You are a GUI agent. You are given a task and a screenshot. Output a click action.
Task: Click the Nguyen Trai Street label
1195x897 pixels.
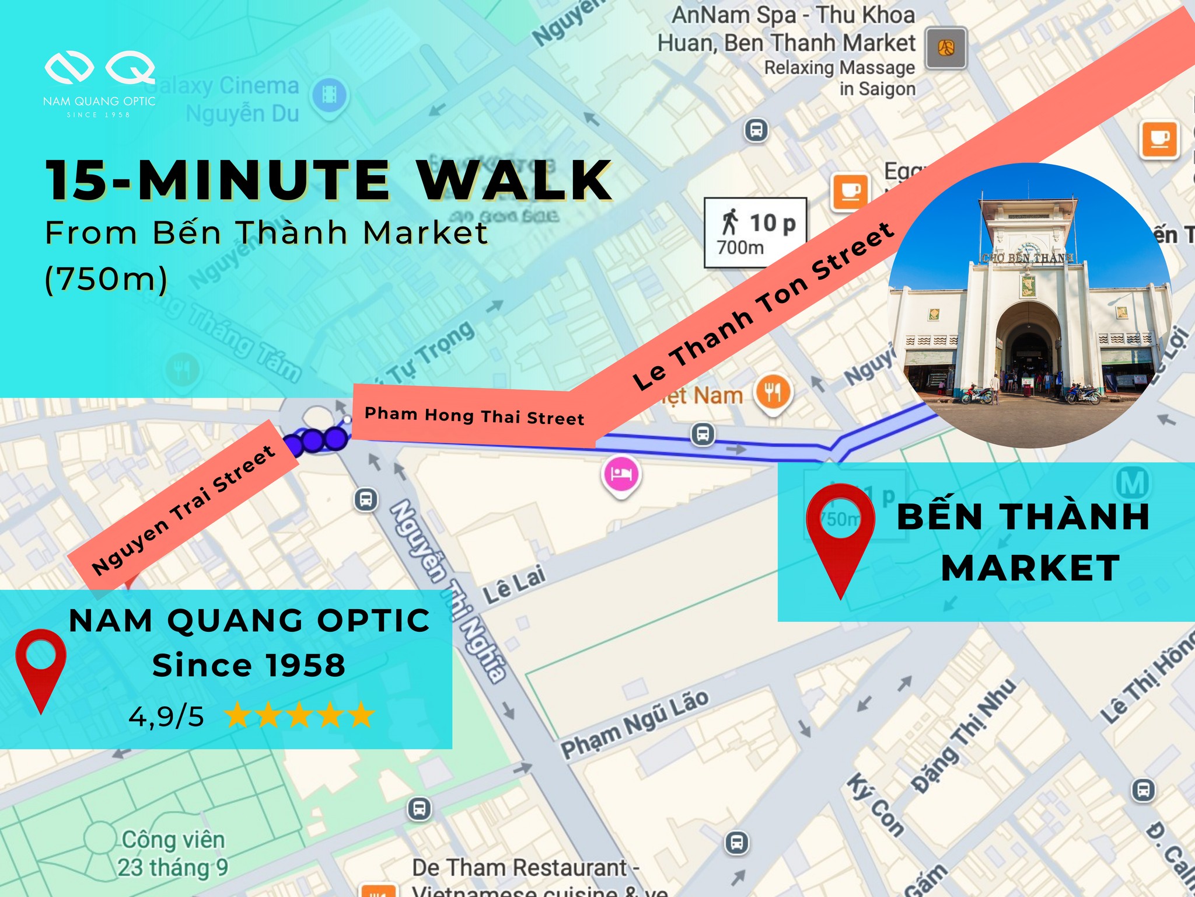point(183,509)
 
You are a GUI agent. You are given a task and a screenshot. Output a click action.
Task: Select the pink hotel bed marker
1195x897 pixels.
point(621,474)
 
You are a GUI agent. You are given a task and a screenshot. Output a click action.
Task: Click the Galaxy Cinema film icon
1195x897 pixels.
point(329,94)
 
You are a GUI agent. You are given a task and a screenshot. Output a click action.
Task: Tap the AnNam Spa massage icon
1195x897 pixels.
point(946,48)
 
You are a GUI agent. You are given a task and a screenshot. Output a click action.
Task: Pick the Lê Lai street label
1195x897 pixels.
point(514,585)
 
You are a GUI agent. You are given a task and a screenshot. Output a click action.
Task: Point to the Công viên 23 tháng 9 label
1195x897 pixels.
point(173,853)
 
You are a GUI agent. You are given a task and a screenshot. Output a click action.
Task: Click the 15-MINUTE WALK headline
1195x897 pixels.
point(329,180)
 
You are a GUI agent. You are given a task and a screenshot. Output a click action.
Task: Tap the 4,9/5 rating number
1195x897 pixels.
point(166,716)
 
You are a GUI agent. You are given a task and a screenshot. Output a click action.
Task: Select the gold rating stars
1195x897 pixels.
point(299,715)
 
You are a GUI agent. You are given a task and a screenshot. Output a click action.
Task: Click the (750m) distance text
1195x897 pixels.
point(106,279)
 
